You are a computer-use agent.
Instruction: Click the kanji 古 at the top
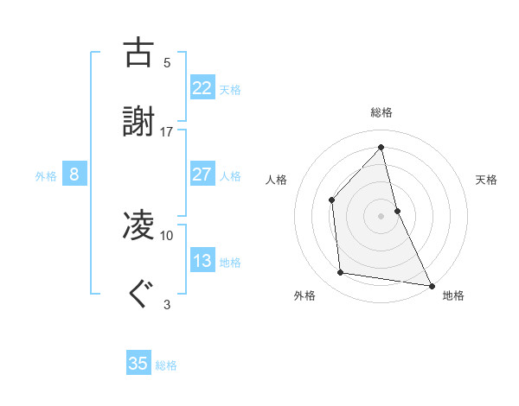[139, 53]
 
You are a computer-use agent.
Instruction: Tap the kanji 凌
[139, 225]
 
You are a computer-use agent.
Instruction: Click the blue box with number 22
[202, 87]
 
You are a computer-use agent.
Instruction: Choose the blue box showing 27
[202, 174]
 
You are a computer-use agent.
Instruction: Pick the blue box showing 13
[202, 260]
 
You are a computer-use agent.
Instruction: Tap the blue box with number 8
[74, 174]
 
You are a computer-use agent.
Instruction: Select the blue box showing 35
[138, 364]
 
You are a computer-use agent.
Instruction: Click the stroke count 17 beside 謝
[167, 131]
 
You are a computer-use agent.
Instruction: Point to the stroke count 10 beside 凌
[167, 235]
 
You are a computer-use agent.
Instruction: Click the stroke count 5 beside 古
[167, 62]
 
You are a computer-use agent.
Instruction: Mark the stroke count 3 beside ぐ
[167, 304]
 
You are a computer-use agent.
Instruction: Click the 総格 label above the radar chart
[381, 112]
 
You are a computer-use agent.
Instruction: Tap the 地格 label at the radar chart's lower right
[453, 295]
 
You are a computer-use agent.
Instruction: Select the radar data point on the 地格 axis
[431, 284]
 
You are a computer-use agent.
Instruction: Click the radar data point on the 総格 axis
[381, 147]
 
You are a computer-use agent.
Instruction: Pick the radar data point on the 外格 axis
[341, 273]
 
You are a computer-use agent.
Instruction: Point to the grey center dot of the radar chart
[381, 215]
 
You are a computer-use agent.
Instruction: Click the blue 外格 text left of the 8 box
[46, 175]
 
